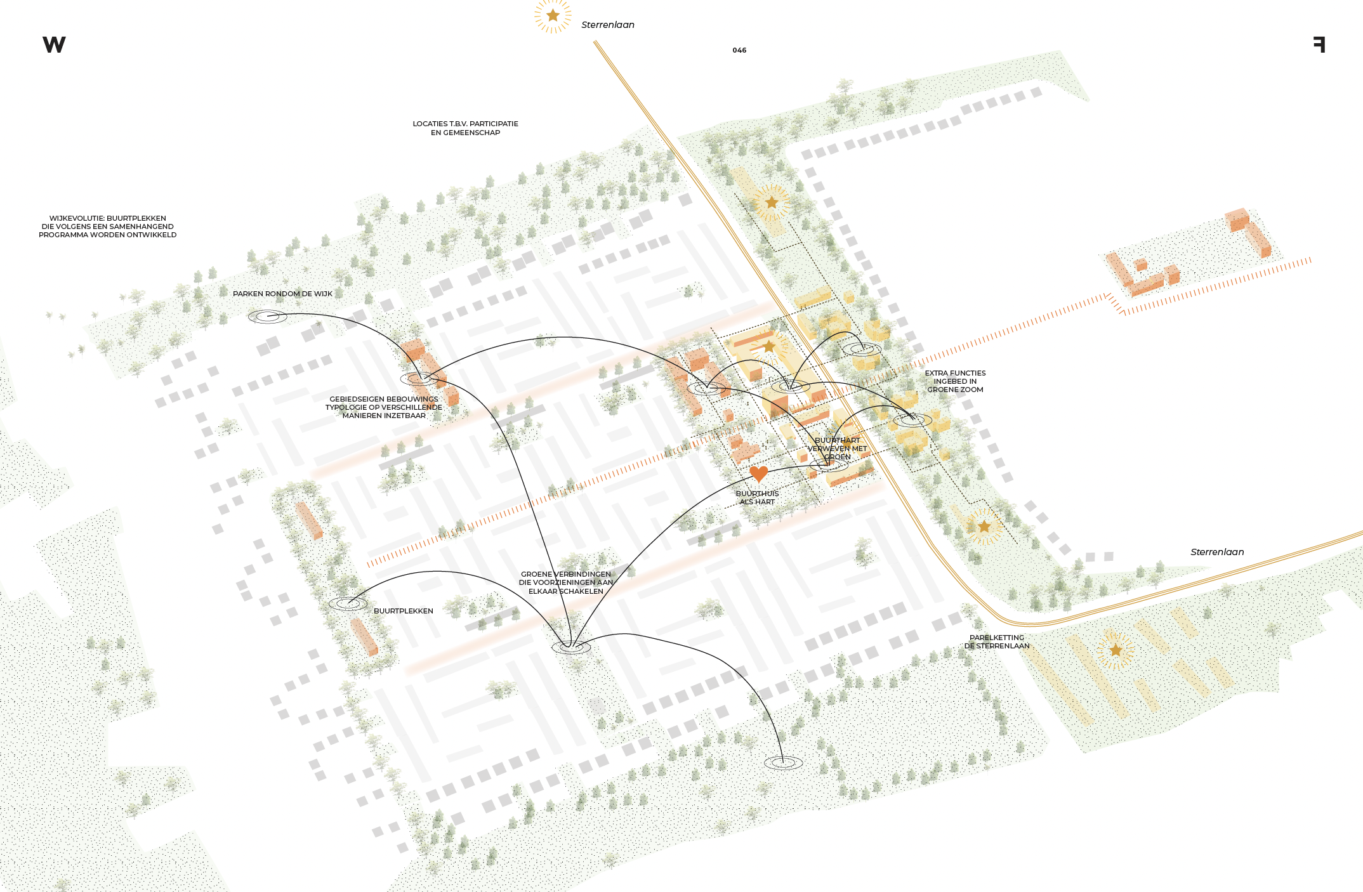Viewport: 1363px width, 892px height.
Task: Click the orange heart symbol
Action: [x=758, y=473]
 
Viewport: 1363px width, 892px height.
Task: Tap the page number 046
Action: [x=739, y=50]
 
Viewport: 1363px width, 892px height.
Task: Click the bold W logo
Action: [x=54, y=44]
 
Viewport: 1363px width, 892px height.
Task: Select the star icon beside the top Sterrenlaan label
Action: [x=553, y=15]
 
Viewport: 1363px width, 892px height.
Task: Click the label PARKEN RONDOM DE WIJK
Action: [x=282, y=294]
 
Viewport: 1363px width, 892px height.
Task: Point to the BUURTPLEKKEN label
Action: [x=403, y=611]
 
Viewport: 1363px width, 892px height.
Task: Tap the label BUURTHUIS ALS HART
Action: [x=757, y=497]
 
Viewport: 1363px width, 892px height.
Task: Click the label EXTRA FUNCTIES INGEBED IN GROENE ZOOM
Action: [x=955, y=381]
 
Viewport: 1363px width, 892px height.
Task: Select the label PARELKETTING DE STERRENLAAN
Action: [x=997, y=641]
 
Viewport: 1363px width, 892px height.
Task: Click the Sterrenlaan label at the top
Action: [x=607, y=25]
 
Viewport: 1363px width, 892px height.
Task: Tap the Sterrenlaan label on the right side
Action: [x=1216, y=552]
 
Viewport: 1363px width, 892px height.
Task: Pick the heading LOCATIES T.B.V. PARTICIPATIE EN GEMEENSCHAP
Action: [x=465, y=128]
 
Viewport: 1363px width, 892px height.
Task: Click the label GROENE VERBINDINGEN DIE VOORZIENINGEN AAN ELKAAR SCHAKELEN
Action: [x=566, y=582]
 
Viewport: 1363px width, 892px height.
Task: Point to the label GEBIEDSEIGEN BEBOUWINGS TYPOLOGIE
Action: [x=384, y=407]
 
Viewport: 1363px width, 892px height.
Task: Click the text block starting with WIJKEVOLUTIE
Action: [x=107, y=226]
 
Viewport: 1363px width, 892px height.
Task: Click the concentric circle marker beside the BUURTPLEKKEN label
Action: [x=348, y=603]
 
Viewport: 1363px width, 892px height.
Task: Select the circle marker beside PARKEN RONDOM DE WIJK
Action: [x=267, y=316]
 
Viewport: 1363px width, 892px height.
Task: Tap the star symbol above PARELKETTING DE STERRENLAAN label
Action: [x=1116, y=650]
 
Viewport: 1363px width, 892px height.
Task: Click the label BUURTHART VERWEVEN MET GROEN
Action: [x=837, y=448]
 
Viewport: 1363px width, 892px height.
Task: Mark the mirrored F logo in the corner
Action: [x=1319, y=44]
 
